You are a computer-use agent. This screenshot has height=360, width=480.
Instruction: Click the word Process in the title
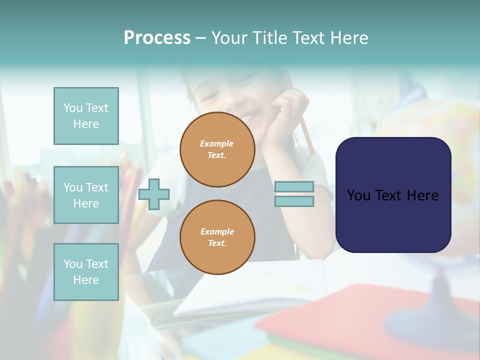point(157,38)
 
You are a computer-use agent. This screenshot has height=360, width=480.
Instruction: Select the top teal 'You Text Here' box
point(86,116)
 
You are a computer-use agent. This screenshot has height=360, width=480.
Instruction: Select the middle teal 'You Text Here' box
point(86,195)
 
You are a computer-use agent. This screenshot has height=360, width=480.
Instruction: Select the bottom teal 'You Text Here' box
point(86,271)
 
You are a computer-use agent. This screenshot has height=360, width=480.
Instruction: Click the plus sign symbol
point(154,194)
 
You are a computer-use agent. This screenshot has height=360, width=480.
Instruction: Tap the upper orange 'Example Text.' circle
point(217,149)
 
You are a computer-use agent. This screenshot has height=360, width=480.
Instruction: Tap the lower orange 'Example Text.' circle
point(217,237)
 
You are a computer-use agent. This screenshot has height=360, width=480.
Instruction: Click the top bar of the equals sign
point(294,187)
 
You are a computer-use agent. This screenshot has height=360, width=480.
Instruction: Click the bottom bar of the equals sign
point(294,201)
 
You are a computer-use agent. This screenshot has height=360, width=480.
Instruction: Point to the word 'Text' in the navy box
point(393,195)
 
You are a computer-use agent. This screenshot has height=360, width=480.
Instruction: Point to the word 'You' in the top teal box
point(73,108)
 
